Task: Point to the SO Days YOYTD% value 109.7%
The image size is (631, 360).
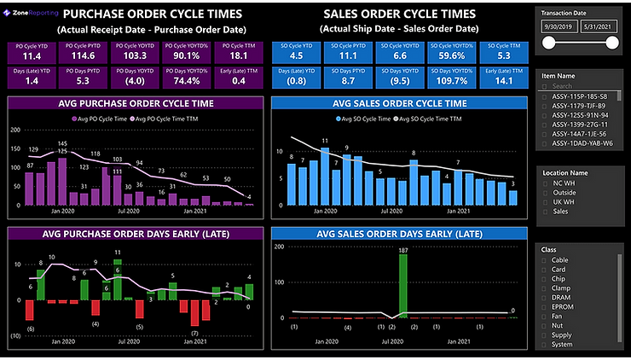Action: (450, 80)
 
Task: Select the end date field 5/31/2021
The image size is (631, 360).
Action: (602, 28)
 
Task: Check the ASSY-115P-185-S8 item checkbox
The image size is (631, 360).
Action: (545, 96)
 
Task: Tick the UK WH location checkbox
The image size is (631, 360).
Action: (545, 200)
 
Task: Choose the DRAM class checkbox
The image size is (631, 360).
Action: (545, 296)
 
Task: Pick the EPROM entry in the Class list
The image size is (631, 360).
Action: (564, 306)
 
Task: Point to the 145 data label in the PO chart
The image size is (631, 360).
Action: (62, 143)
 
